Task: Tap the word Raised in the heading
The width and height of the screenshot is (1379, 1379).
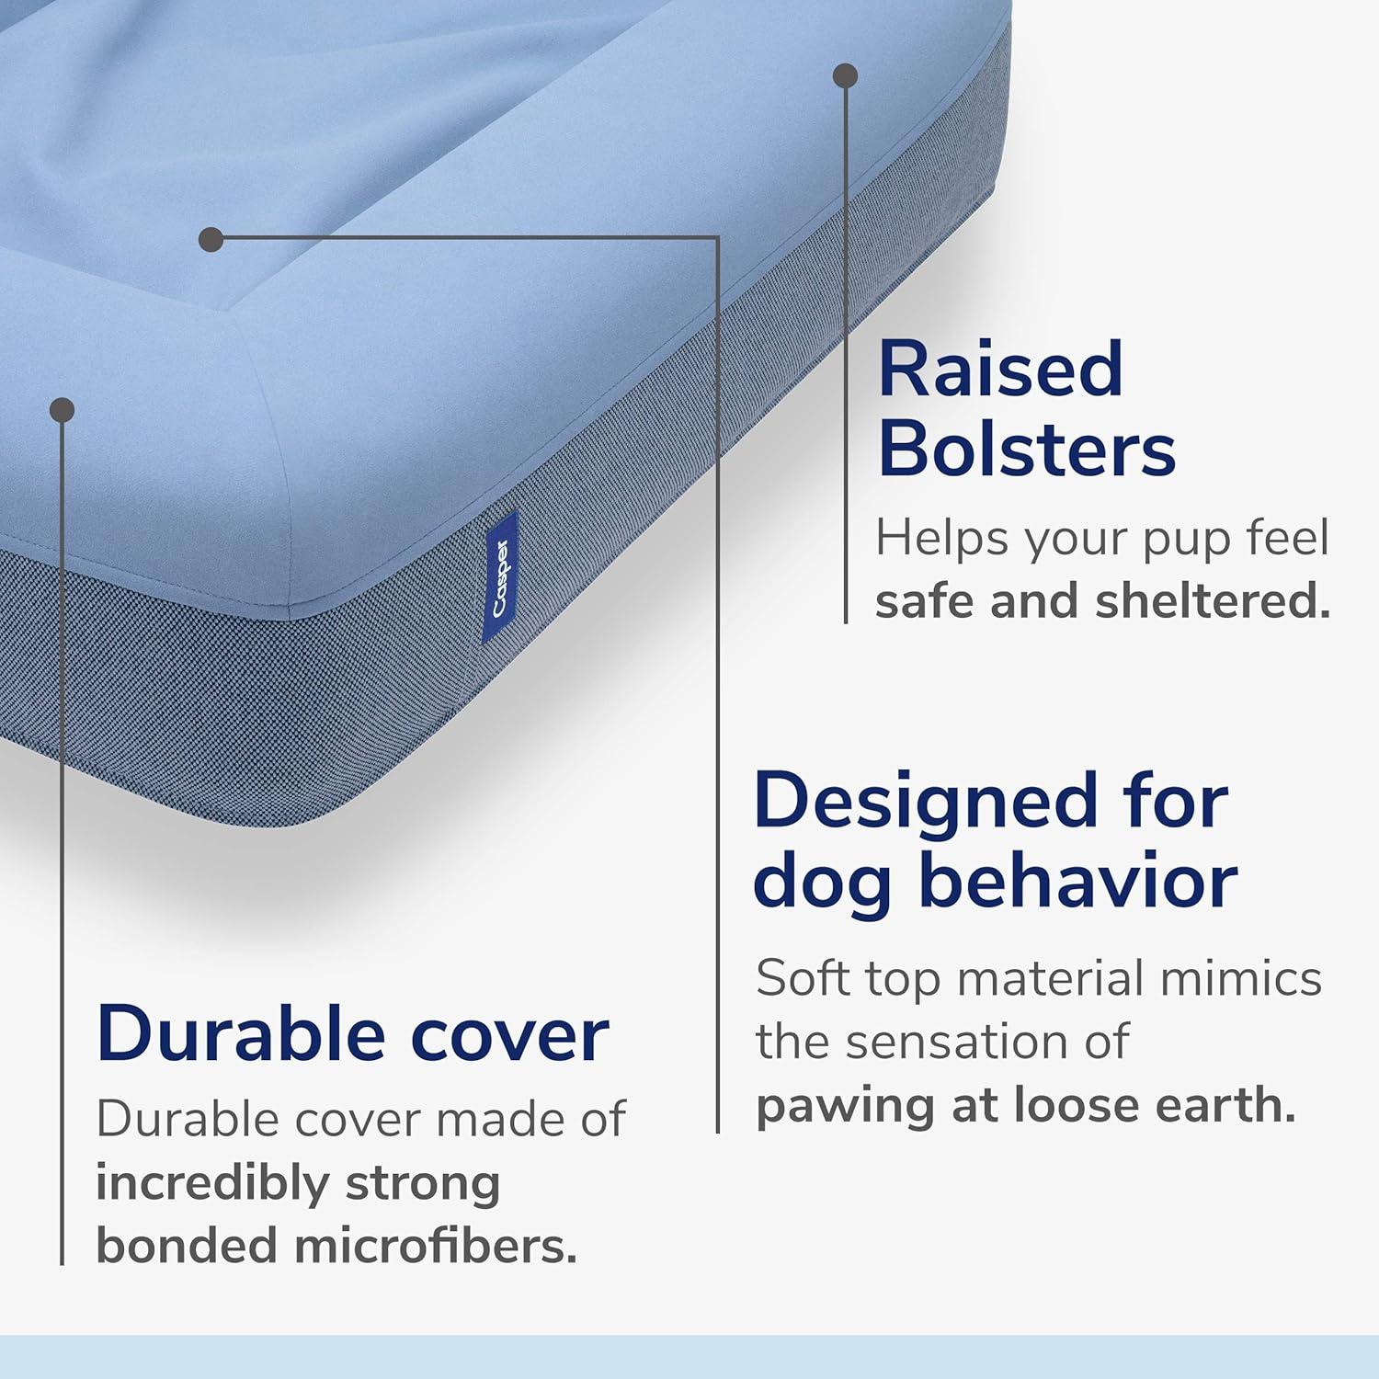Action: pos(1000,370)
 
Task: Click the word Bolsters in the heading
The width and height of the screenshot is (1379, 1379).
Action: pos(1027,450)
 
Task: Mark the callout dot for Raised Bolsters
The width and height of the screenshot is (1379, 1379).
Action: pos(845,75)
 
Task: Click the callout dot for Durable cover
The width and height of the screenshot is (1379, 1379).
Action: pos(62,410)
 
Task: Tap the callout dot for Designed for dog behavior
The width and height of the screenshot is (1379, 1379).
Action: pos(211,240)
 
